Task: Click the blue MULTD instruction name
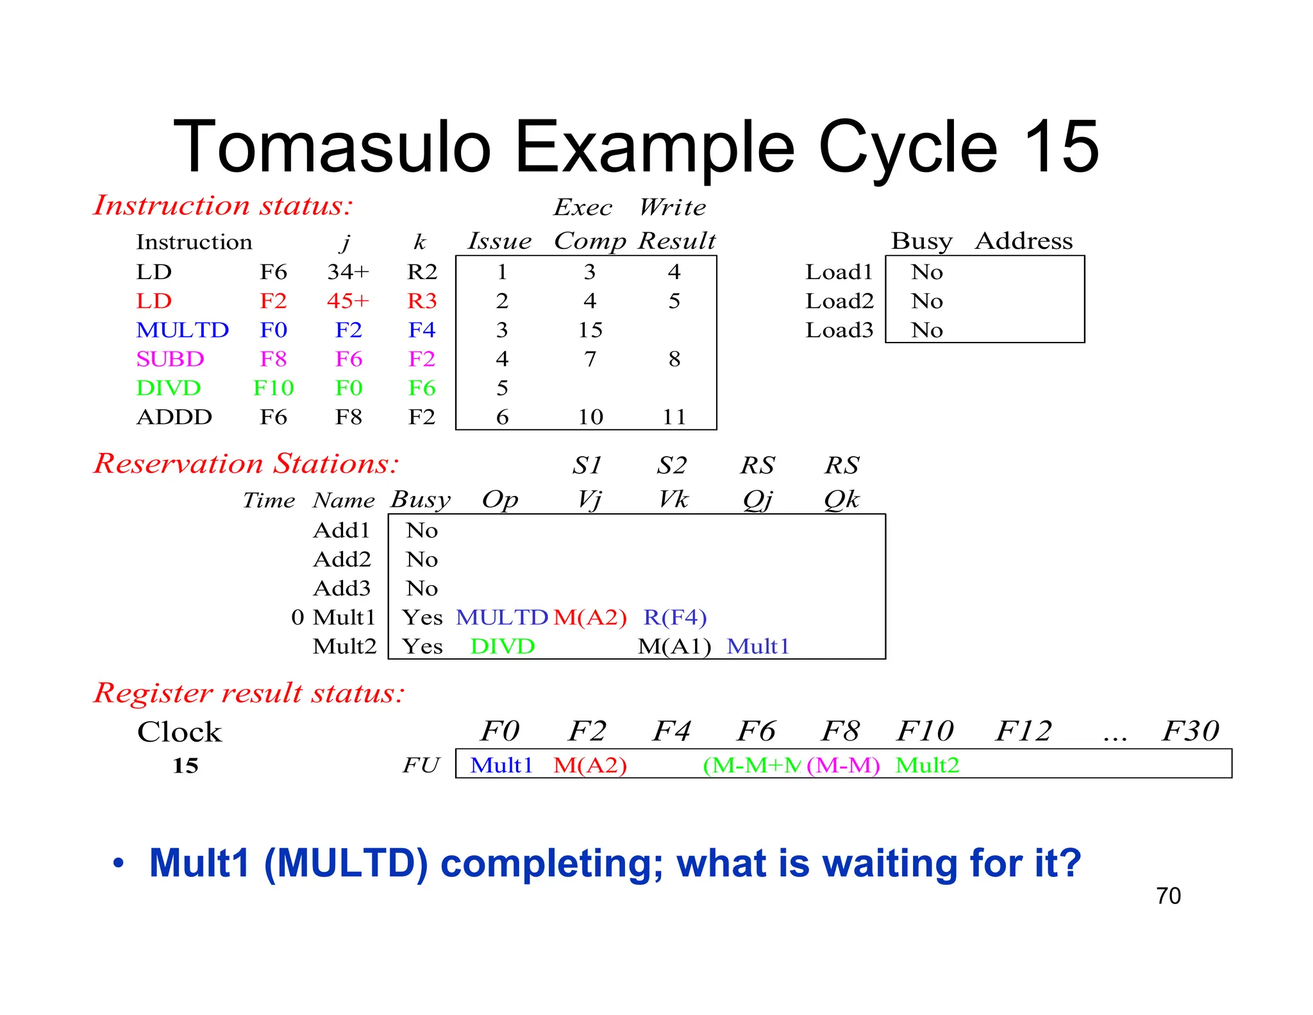182,330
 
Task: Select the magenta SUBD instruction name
170,359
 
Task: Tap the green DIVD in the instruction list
168,388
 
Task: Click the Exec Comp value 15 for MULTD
590,330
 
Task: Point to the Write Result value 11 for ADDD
674,418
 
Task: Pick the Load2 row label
839,301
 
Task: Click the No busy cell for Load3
926,330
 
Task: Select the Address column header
1024,241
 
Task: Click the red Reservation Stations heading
246,463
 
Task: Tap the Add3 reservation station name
342,588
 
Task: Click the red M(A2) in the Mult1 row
590,617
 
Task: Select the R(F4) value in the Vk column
674,617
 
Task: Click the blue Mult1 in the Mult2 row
758,647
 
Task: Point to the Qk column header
841,499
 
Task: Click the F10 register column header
924,731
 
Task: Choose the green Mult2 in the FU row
927,765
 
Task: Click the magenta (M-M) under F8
843,765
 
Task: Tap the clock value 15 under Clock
185,765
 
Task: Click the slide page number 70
1168,896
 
